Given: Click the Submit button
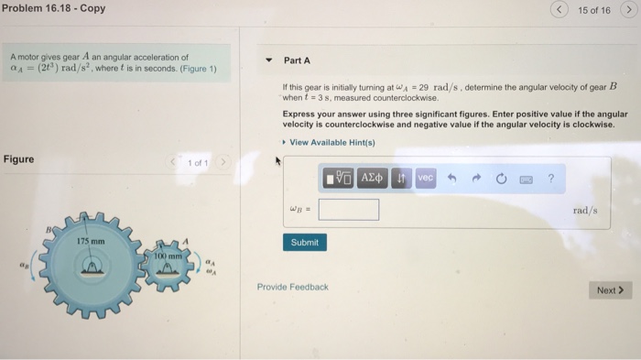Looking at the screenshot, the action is tap(305, 242).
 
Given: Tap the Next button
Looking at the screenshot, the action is tap(611, 290).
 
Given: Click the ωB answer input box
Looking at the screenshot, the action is tap(349, 210).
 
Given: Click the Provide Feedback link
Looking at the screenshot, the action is tap(293, 287).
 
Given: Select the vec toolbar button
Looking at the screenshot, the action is tap(426, 178).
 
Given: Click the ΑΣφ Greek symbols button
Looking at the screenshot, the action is tap(372, 178).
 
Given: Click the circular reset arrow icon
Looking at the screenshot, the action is tap(501, 179).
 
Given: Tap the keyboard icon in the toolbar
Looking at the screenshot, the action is tap(527, 180).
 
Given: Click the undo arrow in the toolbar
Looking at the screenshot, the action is tap(451, 178).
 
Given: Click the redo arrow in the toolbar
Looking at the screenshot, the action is tap(476, 178).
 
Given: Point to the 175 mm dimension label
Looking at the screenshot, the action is tap(91, 241).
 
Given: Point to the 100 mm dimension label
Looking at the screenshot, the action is tap(168, 256).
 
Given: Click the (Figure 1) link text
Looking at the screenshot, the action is tap(199, 69).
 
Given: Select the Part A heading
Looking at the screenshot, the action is tap(298, 60).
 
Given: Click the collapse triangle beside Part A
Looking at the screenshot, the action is tap(268, 60).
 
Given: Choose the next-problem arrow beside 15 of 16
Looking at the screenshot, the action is tap(629, 9).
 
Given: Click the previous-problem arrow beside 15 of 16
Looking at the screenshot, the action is tap(559, 9).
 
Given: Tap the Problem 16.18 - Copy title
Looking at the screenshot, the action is tap(53, 8).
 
